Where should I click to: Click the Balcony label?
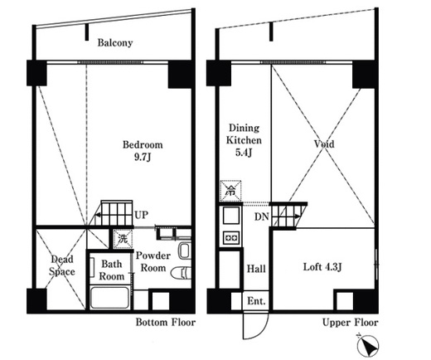click(115, 43)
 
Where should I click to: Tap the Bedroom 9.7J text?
click(143, 151)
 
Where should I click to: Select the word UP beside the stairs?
click(141, 215)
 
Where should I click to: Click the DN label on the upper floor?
click(261, 216)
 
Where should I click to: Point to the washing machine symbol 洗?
click(123, 239)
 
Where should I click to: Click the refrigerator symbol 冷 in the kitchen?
click(230, 191)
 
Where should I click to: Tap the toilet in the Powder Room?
click(181, 273)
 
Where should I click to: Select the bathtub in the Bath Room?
click(109, 298)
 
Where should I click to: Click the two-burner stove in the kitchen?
click(231, 237)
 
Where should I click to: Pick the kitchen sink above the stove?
click(231, 216)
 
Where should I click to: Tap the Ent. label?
click(256, 301)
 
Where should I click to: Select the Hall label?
click(256, 269)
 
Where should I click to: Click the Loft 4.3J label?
click(322, 267)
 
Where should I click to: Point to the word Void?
click(324, 144)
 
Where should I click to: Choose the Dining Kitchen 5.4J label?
click(244, 140)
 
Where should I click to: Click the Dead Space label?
click(62, 265)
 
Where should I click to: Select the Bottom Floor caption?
click(165, 323)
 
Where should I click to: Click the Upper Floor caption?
click(350, 323)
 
